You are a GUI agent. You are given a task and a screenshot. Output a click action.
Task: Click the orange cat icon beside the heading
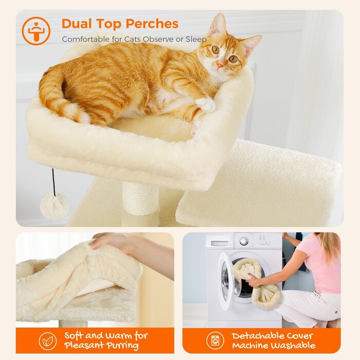36,31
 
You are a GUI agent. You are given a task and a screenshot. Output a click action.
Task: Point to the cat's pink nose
220,65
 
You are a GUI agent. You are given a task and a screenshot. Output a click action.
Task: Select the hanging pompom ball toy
55,207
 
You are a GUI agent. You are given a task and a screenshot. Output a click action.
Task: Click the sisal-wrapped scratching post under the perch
140,199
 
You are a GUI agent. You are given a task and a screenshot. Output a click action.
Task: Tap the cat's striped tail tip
77,114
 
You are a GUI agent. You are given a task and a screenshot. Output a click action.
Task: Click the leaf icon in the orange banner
48,340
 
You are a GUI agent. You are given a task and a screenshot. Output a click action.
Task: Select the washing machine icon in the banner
215,340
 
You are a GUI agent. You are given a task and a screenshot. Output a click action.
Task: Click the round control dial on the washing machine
244,241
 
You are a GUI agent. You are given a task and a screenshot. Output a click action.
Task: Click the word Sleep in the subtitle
197,39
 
